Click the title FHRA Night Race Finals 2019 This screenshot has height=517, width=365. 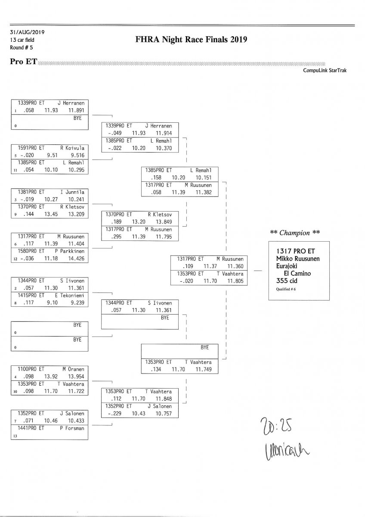point(191,40)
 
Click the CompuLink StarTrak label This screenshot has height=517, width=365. point(325,71)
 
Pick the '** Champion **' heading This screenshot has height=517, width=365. point(295,233)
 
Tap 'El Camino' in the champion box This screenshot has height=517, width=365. point(297,273)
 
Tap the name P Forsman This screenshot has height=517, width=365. point(73,428)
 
